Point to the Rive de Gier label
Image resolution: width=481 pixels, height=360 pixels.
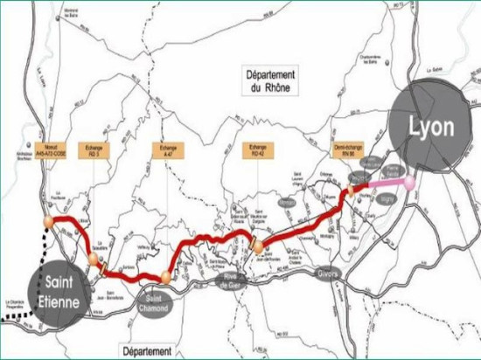(235, 278)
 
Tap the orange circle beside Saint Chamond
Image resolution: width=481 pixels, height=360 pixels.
(164, 278)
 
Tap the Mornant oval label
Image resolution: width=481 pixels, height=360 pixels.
(285, 202)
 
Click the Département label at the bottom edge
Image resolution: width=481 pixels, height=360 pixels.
(146, 350)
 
